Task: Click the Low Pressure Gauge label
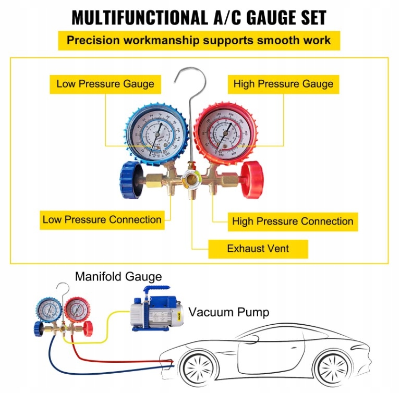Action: click(105, 83)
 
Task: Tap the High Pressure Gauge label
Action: click(283, 83)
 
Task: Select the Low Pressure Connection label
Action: click(102, 219)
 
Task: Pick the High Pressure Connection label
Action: click(293, 221)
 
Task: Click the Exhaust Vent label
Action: click(258, 249)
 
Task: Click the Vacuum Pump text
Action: click(229, 312)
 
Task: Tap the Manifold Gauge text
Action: click(118, 276)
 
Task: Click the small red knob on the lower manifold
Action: click(87, 327)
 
